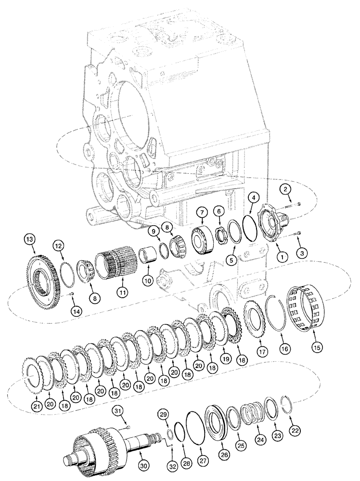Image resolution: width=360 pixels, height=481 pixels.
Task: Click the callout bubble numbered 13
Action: click(30, 239)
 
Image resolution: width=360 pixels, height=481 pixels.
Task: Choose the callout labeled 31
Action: click(118, 410)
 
